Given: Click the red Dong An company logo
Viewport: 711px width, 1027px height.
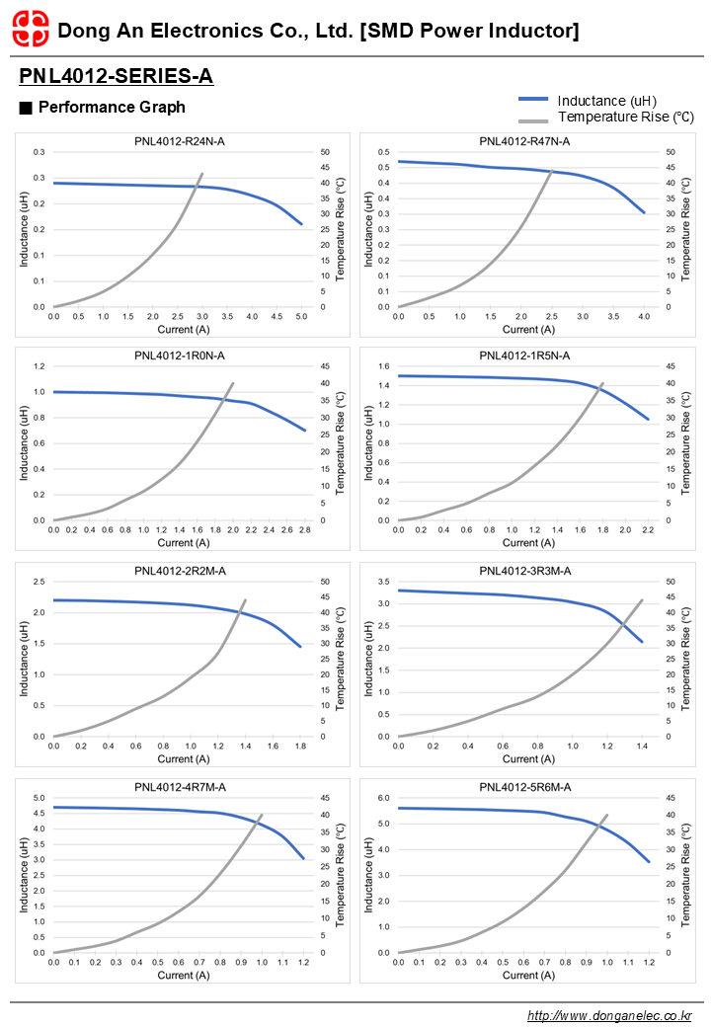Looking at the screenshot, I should click(x=30, y=31).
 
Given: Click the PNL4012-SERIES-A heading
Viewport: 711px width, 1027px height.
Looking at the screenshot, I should click(x=116, y=76).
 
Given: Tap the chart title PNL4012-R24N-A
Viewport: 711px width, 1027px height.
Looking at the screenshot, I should click(x=180, y=141).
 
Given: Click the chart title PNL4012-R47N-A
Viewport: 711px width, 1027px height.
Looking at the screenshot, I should click(x=524, y=141).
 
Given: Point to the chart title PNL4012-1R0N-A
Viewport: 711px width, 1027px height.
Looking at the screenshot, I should click(x=180, y=355).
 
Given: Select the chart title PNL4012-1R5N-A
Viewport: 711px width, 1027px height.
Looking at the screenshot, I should click(x=524, y=355).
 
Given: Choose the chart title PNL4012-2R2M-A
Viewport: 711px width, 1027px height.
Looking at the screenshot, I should click(x=180, y=571).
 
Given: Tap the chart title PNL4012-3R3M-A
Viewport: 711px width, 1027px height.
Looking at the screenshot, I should click(x=524, y=571).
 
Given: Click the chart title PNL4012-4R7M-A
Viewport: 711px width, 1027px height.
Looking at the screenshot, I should click(x=180, y=787).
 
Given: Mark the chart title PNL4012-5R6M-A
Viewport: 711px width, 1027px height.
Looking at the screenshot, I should click(x=524, y=787).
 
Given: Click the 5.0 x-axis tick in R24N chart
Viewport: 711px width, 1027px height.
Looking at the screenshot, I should click(x=302, y=317).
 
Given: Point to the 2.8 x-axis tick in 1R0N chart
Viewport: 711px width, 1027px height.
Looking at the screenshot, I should click(x=304, y=530).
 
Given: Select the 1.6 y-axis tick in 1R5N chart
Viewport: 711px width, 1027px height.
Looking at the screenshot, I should click(x=383, y=365).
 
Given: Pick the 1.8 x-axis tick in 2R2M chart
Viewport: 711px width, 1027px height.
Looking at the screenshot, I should click(x=300, y=747).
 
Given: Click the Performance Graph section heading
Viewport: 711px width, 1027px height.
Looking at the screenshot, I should click(x=111, y=107).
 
